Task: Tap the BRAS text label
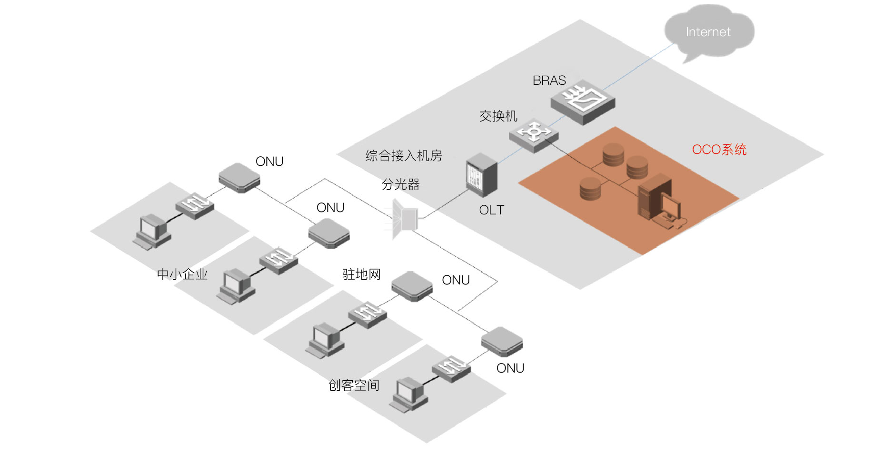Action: click(549, 81)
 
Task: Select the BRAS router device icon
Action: click(583, 101)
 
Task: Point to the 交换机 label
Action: click(498, 116)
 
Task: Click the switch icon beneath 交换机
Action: click(534, 134)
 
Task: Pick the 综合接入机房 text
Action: click(404, 156)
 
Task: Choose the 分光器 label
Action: click(400, 184)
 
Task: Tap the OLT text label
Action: click(491, 210)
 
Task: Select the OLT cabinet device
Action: click(481, 174)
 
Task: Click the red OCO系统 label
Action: click(719, 150)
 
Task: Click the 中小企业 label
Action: click(182, 274)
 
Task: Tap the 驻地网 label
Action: click(361, 274)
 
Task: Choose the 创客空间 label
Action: click(354, 385)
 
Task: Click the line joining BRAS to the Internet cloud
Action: click(638, 67)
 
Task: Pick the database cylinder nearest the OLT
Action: click(590, 189)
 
